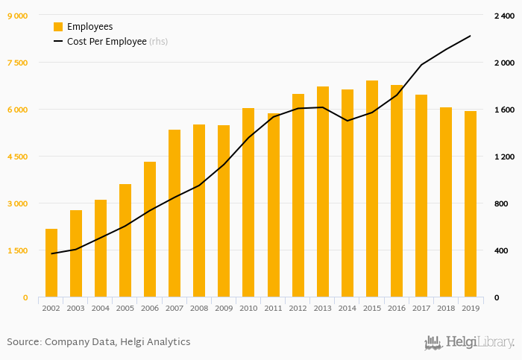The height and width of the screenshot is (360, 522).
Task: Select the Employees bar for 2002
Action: [51, 263]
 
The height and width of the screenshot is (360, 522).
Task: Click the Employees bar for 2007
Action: [174, 213]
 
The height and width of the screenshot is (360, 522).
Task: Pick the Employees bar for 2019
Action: [471, 204]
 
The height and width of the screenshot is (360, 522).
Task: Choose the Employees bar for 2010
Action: [248, 203]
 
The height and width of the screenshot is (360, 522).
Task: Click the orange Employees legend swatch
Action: [58, 27]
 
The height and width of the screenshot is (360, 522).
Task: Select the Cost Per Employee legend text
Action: [107, 42]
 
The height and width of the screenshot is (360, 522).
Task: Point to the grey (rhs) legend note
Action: [158, 42]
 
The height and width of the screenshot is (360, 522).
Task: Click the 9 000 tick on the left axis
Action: [17, 16]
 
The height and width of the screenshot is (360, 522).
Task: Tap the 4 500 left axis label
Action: [17, 157]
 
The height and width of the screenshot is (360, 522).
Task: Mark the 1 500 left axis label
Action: [17, 250]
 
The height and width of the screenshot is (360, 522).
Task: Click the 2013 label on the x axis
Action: [322, 307]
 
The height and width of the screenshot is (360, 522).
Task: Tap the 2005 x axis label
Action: [125, 307]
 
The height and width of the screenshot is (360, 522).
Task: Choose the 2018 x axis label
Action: [445, 307]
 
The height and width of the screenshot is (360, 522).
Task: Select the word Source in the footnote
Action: [23, 342]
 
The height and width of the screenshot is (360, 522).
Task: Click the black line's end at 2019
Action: [471, 36]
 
